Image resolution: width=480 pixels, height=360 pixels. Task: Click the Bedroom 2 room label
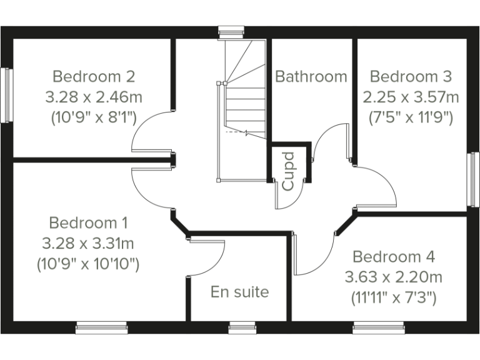[94, 77]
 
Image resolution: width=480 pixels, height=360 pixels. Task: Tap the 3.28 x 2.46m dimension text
[94, 97]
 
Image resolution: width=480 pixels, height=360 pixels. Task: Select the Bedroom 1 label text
[88, 223]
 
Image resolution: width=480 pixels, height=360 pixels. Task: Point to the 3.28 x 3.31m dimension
[88, 243]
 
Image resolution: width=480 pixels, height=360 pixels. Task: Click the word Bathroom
[311, 77]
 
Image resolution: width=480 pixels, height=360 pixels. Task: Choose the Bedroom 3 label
[411, 77]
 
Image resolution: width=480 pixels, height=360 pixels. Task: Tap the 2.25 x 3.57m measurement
[411, 97]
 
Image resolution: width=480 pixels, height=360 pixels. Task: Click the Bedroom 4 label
[394, 257]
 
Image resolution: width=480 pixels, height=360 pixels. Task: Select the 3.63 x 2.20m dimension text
[394, 277]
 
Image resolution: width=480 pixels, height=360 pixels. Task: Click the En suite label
[239, 292]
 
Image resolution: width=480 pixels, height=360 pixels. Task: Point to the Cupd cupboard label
[288, 171]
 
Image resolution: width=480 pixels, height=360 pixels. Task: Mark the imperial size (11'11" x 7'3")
[394, 297]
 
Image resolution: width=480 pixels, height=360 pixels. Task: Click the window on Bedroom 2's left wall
[7, 95]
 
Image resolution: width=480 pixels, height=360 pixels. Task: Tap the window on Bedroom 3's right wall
[473, 179]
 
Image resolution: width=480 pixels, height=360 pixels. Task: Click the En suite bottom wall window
[242, 327]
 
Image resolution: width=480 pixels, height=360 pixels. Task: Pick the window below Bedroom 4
[379, 327]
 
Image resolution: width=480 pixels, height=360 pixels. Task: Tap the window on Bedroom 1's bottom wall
[102, 327]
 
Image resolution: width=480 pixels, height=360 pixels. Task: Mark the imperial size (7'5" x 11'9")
[411, 117]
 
